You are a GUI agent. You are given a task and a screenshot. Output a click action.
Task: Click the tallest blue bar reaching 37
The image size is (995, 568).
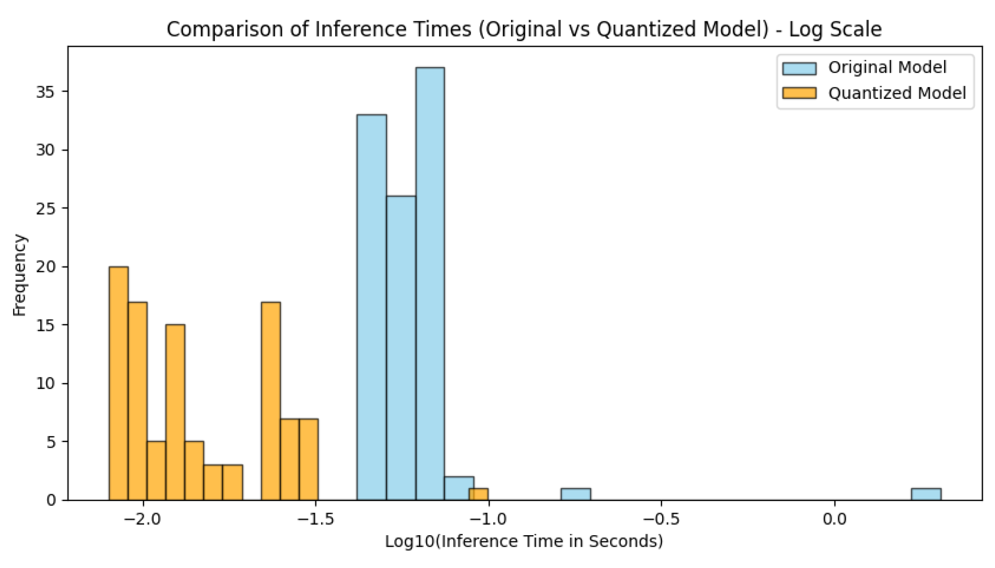coord(430,285)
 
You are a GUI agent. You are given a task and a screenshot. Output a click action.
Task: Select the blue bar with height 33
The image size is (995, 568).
coord(371,309)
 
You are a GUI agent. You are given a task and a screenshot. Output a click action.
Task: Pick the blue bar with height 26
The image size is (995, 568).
coord(401,347)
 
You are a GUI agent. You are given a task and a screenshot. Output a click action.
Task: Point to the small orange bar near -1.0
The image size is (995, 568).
coord(478,494)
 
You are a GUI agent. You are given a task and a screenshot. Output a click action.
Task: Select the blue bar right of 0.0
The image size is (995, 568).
coord(926,494)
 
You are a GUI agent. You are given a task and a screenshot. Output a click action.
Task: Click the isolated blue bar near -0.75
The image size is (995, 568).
coord(576,494)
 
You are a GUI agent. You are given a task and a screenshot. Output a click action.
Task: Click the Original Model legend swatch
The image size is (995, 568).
coord(799,68)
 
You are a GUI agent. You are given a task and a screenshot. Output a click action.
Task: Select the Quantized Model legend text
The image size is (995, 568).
coord(897,93)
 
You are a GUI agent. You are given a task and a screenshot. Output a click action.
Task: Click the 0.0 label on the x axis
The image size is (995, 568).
coord(834,518)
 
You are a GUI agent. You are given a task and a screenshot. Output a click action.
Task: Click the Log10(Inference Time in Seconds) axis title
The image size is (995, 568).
coord(524,541)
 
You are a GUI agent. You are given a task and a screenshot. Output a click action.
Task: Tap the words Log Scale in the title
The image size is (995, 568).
coord(835,29)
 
